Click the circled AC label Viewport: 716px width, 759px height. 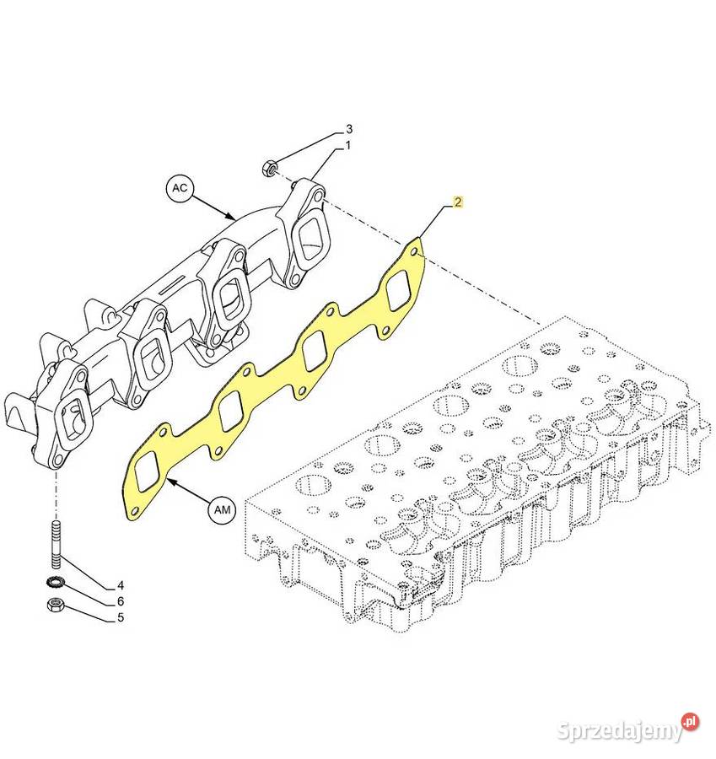[180, 187]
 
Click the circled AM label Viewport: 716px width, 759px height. [222, 509]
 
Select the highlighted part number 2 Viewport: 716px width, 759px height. [458, 202]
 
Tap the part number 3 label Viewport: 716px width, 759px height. [348, 129]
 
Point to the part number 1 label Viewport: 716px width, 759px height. [347, 145]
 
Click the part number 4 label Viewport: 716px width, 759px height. [121, 585]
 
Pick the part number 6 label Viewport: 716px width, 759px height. [121, 601]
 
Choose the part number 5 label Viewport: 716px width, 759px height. [121, 617]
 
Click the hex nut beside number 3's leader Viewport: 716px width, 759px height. [269, 168]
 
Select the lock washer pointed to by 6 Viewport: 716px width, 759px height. [54, 583]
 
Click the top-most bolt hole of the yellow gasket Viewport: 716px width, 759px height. [414, 253]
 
